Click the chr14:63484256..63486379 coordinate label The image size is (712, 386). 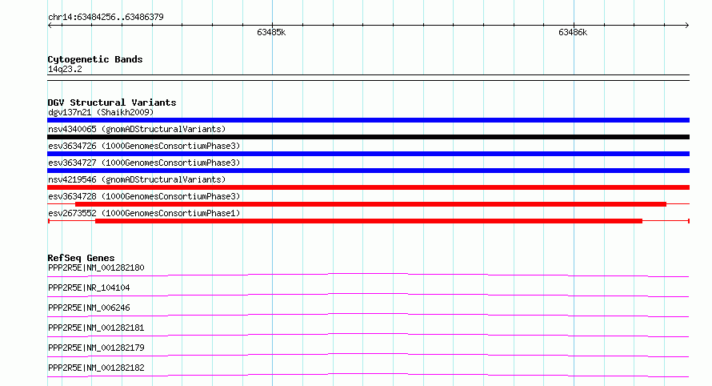coord(106,18)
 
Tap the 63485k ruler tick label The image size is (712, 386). coord(271,32)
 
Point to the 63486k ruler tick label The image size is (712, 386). coord(573,32)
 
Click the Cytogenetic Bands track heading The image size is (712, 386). coord(95,59)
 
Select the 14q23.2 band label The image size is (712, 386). coord(65,69)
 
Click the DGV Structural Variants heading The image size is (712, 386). coord(112,103)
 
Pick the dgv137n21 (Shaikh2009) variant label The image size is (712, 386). coord(101,112)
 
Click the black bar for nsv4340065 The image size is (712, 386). coord(368,137)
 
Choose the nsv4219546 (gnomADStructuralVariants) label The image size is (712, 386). coord(137,179)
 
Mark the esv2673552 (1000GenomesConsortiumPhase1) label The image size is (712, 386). coord(144,213)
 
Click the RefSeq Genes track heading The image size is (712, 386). coord(81,258)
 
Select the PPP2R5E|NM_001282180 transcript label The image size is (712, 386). coord(96,267)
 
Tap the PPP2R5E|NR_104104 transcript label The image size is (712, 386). coord(89,287)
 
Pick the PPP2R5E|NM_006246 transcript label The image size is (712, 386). coord(89,308)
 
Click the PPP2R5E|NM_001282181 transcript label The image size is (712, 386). coord(96,328)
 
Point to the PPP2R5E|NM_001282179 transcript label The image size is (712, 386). coord(96,348)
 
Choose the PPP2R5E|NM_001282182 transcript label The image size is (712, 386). coord(96,368)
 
